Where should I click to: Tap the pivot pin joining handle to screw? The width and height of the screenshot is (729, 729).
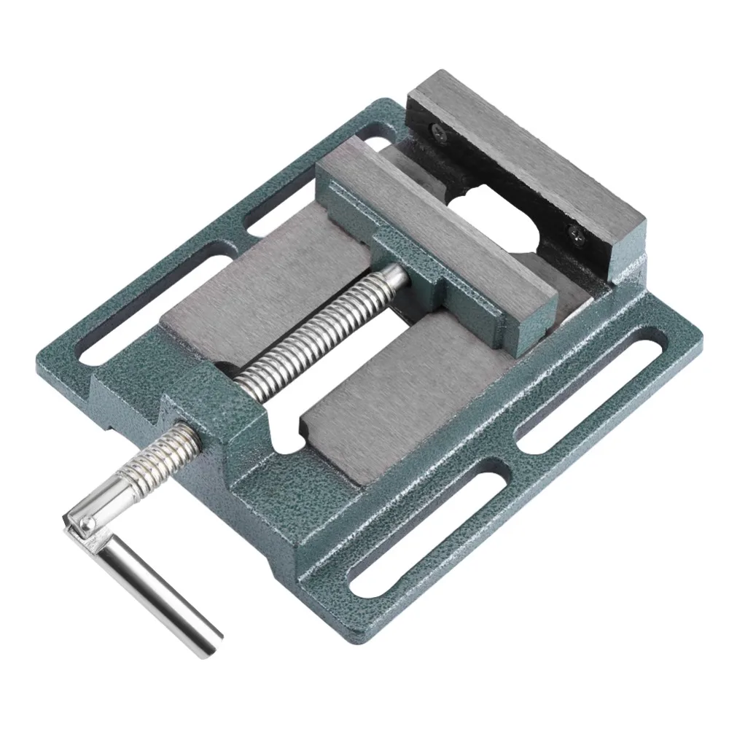(86, 522)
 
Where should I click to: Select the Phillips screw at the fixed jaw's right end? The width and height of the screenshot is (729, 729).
(575, 233)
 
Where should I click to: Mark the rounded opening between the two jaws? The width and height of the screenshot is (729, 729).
(496, 219)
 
